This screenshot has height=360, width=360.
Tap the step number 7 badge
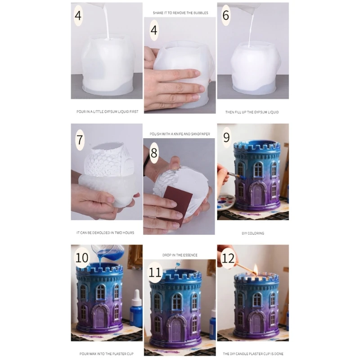pos(80,139)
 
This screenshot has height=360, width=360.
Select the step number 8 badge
pos(154,153)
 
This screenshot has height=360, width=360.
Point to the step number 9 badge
pos(226,137)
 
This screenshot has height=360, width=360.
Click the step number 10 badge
pos(82,258)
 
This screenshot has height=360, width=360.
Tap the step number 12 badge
pos(228,258)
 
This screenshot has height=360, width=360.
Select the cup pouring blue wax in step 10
pos(103,250)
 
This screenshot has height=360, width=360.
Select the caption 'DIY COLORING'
pos(252,233)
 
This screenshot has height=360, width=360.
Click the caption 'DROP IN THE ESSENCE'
pos(180,255)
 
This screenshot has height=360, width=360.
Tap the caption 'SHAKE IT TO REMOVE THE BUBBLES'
pos(180,13)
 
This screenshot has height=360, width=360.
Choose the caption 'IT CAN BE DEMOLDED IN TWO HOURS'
pos(105,233)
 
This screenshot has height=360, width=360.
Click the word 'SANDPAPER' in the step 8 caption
pos(201,134)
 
